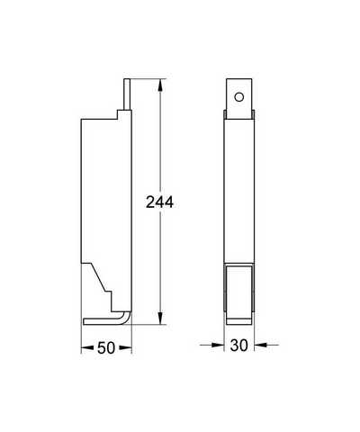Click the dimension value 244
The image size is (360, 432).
[159, 202]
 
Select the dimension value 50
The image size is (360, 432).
[106, 348]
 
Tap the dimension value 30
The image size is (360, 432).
[239, 346]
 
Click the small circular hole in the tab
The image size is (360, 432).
[239, 97]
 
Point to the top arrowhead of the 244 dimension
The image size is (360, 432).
[161, 85]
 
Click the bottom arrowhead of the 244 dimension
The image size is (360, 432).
[161, 318]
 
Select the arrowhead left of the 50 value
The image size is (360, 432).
[87, 348]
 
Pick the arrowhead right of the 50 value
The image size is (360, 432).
[125, 348]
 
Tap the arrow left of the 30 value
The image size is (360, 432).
[211, 345]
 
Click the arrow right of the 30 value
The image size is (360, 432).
[266, 345]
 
